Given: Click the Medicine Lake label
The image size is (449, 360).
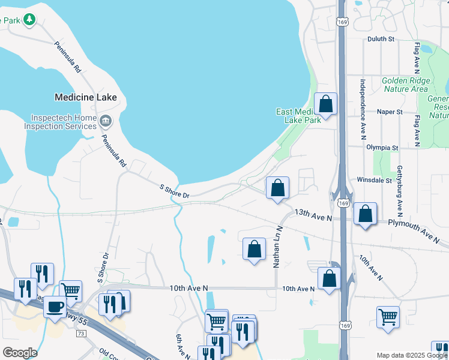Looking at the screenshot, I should [x=85, y=97].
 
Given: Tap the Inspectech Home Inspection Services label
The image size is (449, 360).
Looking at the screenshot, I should [x=60, y=122].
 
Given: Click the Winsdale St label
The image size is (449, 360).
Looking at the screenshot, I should [x=374, y=179].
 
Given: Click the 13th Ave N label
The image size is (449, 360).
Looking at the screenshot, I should [x=313, y=214].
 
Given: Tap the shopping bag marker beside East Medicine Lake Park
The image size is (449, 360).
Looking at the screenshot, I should [x=325, y=104].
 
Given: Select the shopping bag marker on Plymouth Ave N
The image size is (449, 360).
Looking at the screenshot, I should [x=365, y=214].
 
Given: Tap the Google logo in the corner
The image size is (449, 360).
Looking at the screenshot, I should [x=20, y=353].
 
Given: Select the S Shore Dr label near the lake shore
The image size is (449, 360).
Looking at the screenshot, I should [x=175, y=191].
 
